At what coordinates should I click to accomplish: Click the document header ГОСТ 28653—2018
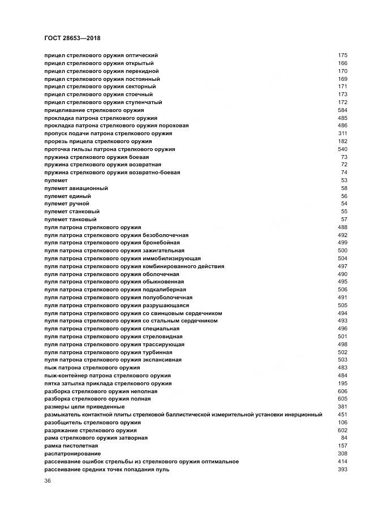tap(72, 38)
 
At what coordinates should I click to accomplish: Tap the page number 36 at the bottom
tap(48, 481)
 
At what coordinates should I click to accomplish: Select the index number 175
tap(342, 55)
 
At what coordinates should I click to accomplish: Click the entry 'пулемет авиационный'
tap(76, 188)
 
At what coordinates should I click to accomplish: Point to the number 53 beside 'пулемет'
tap(344, 180)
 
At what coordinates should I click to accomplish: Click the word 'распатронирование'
tap(72, 454)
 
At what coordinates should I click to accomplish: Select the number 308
tap(342, 454)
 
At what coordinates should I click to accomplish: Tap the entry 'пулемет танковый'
tap(70, 219)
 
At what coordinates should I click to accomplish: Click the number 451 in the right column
tap(342, 415)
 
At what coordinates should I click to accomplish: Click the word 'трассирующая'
tap(164, 344)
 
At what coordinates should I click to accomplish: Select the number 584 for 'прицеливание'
tap(342, 110)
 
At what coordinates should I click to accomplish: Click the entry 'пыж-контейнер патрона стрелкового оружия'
tap(107, 376)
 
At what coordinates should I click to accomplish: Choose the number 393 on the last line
tap(342, 470)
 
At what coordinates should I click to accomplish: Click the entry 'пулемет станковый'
tap(71, 211)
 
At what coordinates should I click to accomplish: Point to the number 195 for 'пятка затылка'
tap(342, 384)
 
